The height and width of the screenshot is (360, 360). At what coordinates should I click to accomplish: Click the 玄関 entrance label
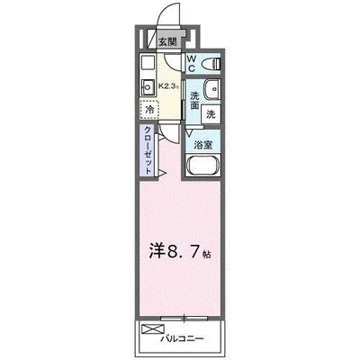click(168, 41)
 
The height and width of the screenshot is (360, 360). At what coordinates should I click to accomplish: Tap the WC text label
click(192, 62)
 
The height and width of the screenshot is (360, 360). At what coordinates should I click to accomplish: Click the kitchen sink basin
click(148, 87)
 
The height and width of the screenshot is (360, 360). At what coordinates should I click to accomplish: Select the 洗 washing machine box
click(211, 114)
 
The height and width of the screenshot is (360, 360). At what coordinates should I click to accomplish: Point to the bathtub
click(202, 166)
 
